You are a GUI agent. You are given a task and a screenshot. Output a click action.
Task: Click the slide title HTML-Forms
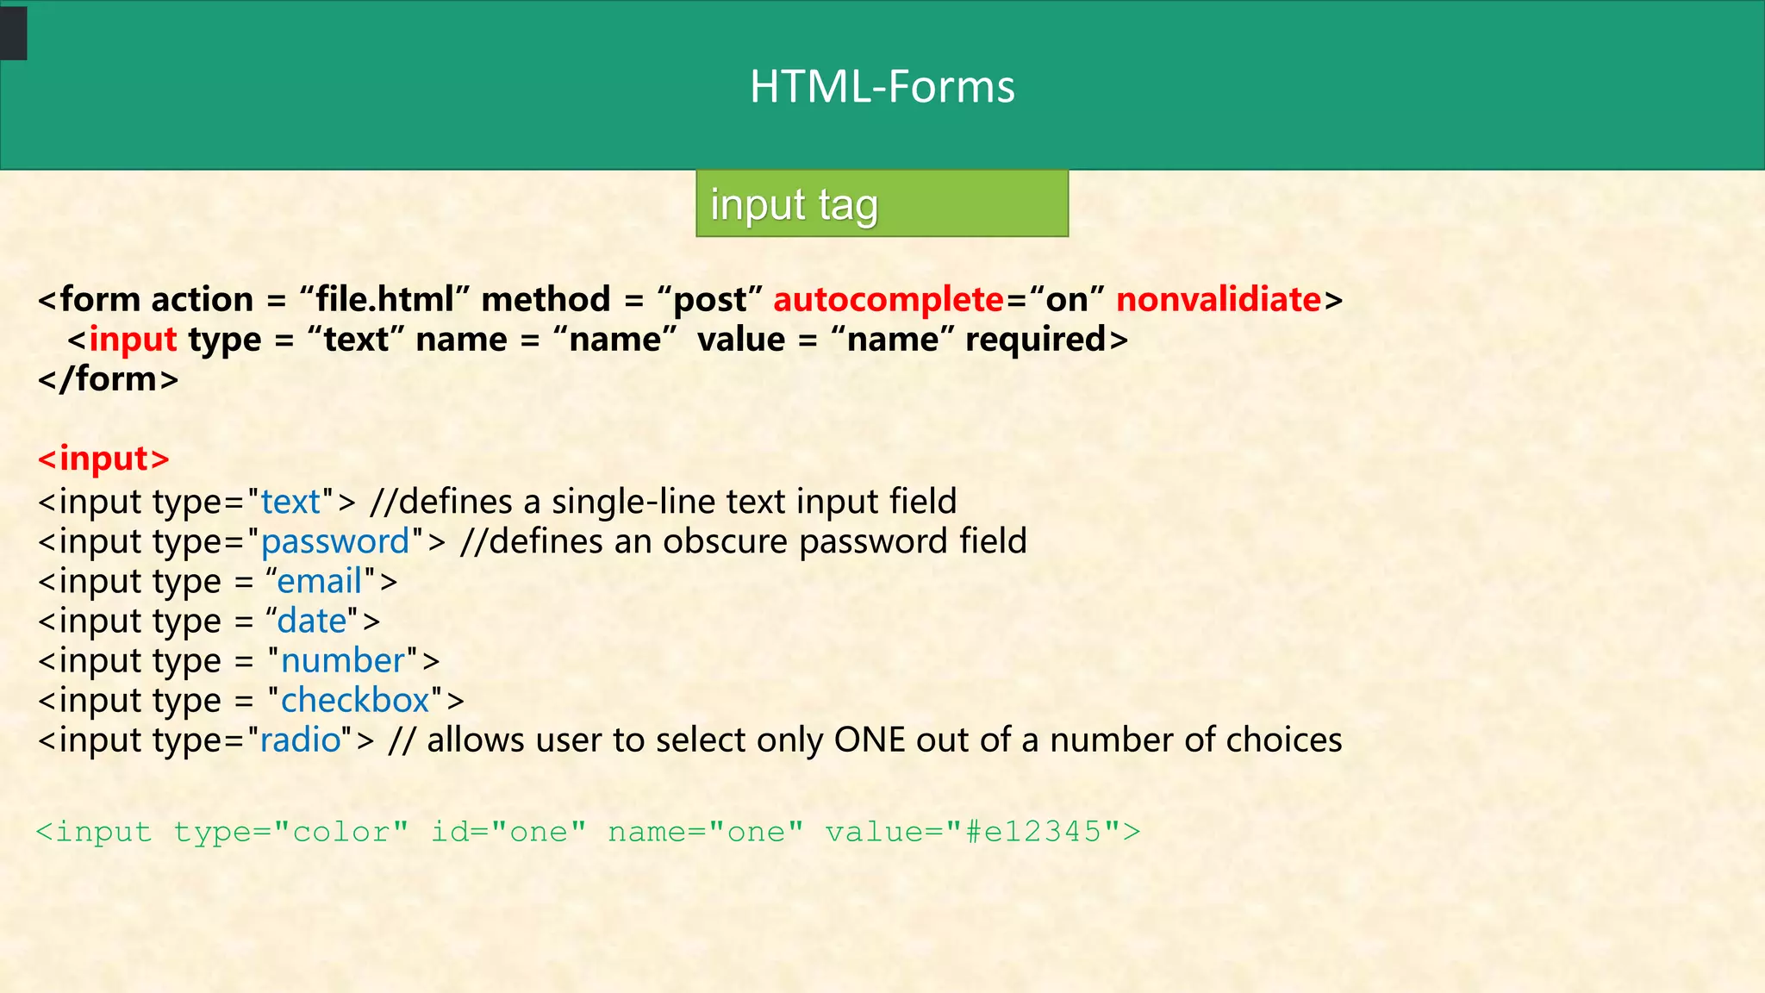point(882,87)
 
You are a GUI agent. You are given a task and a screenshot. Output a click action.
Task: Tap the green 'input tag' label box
point(882,203)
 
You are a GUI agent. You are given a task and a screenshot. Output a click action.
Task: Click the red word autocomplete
point(889,300)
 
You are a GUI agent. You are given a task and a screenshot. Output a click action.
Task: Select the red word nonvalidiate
point(1219,300)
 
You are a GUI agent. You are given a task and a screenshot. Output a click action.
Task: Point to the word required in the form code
point(1035,340)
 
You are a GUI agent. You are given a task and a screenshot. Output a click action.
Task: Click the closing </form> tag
point(109,379)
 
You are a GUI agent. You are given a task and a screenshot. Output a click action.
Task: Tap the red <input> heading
point(104,459)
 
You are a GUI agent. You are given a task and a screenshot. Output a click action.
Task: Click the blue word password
point(335,542)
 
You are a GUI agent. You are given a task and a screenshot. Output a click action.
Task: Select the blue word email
point(319,582)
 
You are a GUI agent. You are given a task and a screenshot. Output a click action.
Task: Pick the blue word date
point(311,621)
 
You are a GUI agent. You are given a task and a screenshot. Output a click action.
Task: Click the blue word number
point(343,661)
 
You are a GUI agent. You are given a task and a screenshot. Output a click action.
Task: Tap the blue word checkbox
point(355,701)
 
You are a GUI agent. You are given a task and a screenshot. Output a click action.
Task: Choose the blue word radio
point(301,740)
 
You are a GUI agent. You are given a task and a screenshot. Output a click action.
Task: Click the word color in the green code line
point(341,832)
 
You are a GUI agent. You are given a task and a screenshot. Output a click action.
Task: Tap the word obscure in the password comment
point(725,542)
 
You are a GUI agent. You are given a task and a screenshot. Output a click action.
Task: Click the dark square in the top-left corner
point(14,33)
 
